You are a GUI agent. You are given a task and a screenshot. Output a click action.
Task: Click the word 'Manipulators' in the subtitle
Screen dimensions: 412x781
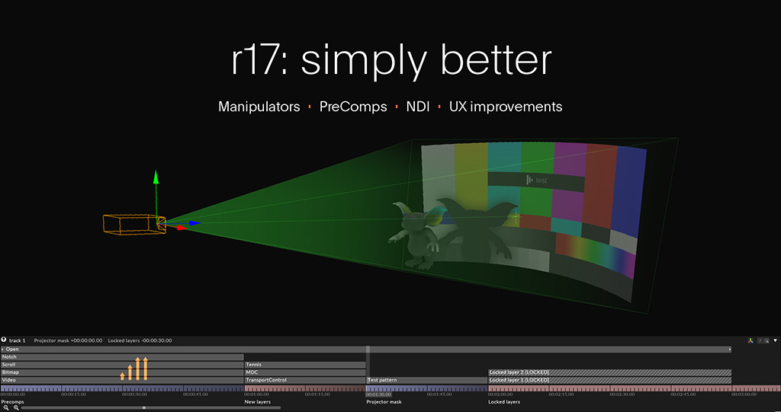(259, 107)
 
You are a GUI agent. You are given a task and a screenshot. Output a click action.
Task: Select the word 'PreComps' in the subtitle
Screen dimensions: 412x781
(353, 107)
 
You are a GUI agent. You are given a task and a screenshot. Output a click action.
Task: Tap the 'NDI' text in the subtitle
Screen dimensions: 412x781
(417, 107)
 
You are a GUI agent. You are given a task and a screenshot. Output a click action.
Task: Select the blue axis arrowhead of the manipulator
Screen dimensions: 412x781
(196, 223)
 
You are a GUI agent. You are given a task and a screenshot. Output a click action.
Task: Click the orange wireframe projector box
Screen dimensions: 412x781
(133, 224)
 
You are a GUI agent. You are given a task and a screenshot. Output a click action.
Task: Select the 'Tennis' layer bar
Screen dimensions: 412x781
(305, 365)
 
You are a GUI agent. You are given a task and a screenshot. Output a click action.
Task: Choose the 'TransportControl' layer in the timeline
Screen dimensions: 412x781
(305, 380)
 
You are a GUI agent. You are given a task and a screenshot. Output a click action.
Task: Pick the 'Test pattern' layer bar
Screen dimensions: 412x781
(426, 380)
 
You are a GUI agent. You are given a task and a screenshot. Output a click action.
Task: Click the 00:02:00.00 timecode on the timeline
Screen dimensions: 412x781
(500, 394)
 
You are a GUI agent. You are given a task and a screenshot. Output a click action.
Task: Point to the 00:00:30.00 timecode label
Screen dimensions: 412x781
(134, 394)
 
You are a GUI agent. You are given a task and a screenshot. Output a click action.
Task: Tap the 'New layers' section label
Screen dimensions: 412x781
(257, 401)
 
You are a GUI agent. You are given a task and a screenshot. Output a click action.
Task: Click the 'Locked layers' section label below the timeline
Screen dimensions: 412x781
(503, 401)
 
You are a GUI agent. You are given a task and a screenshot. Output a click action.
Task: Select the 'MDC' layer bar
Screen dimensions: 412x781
(305, 372)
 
